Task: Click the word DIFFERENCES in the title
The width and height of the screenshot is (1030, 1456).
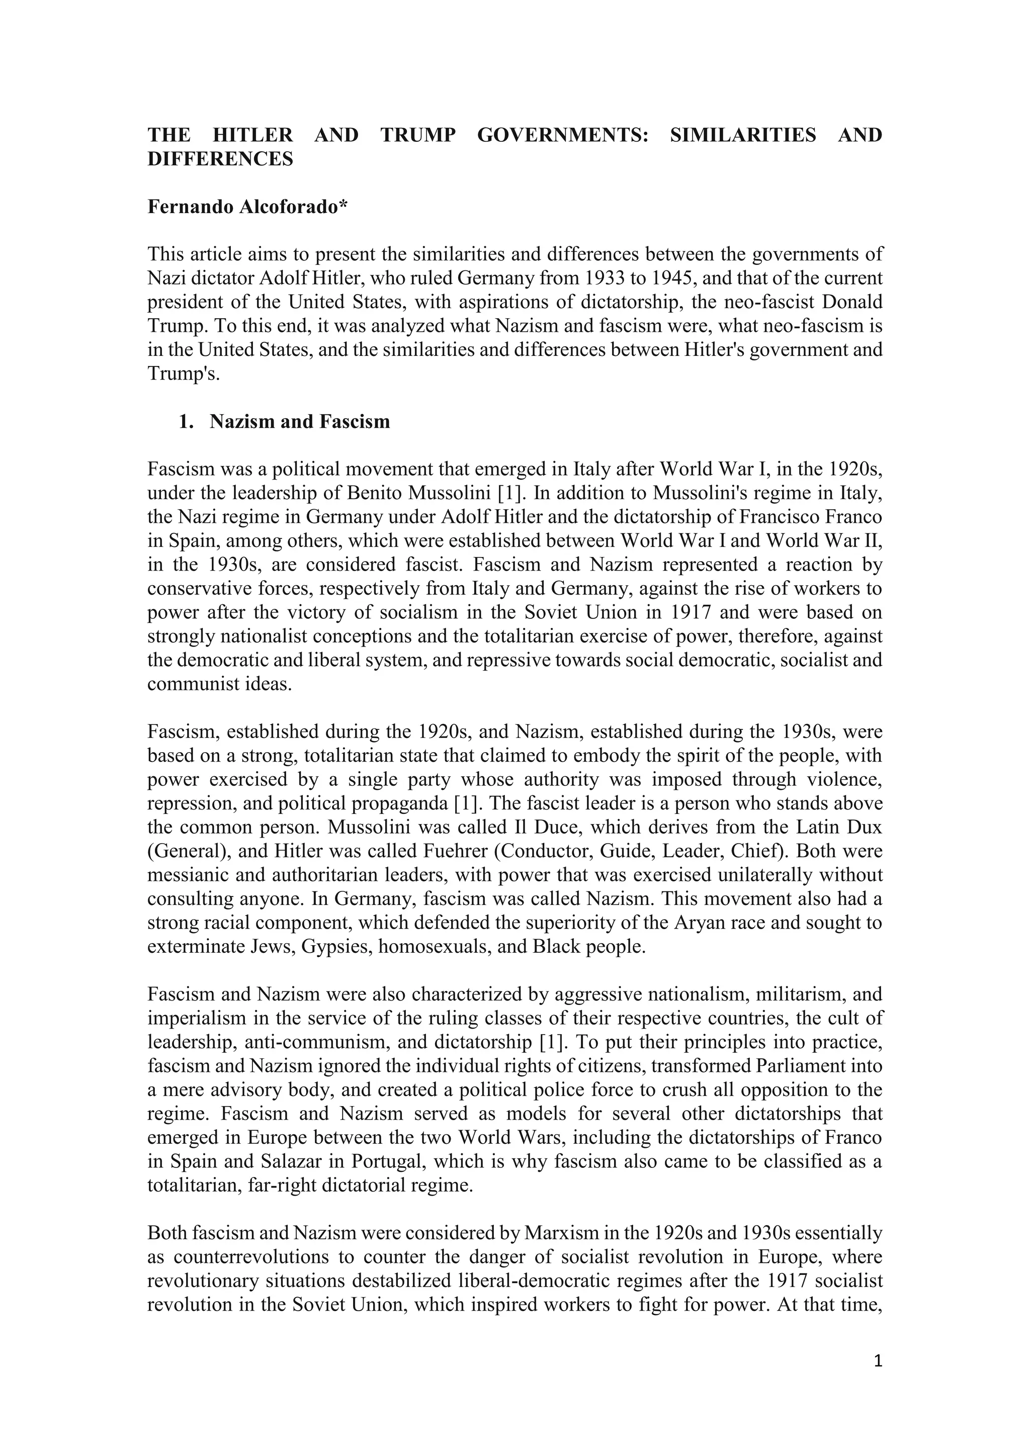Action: [x=220, y=159]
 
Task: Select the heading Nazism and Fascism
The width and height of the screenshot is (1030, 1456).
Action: [x=299, y=422]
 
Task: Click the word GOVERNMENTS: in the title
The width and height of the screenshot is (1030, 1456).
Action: [x=563, y=135]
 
